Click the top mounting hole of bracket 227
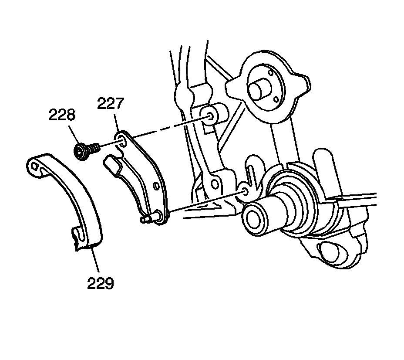[121, 139]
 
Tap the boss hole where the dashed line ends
[211, 116]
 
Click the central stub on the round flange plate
[259, 90]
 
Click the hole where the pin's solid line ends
[244, 191]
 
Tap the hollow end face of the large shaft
[254, 216]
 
